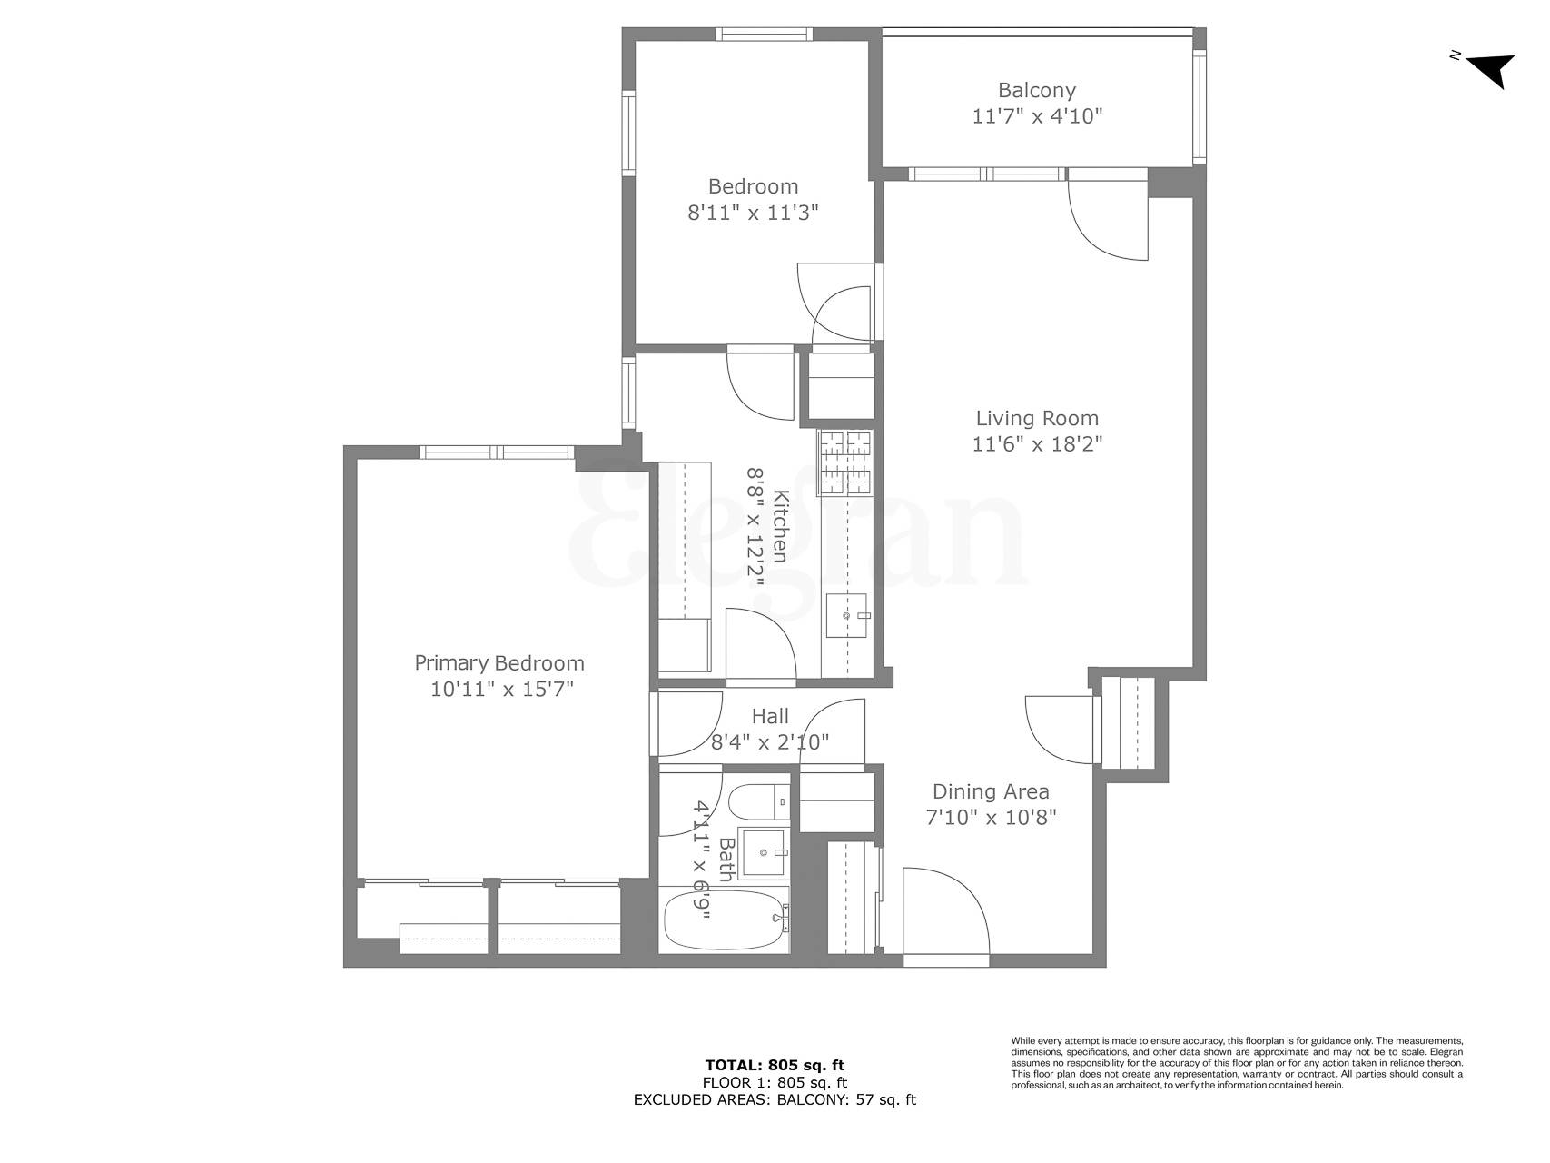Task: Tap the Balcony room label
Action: click(1036, 90)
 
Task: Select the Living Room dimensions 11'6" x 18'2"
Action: click(1037, 444)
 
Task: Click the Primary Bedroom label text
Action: click(499, 663)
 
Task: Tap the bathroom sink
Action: click(764, 853)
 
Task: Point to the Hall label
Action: click(770, 717)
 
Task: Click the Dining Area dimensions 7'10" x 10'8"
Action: click(991, 817)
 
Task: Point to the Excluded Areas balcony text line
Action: click(775, 1100)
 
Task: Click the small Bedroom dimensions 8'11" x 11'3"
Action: click(753, 213)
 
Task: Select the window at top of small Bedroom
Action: click(763, 35)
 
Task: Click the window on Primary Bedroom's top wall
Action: click(497, 452)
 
